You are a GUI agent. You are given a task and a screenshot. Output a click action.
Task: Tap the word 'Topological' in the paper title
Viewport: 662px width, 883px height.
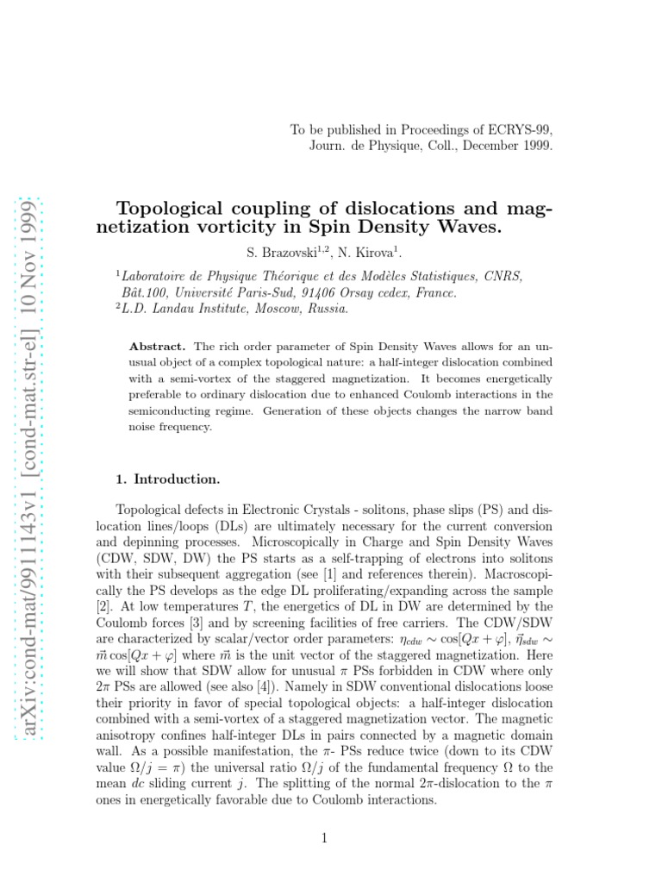coord(174,210)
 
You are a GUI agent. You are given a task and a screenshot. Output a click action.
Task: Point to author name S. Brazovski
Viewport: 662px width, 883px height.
coord(279,252)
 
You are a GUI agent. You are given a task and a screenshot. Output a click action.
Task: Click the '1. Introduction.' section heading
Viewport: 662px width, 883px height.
coord(167,479)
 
